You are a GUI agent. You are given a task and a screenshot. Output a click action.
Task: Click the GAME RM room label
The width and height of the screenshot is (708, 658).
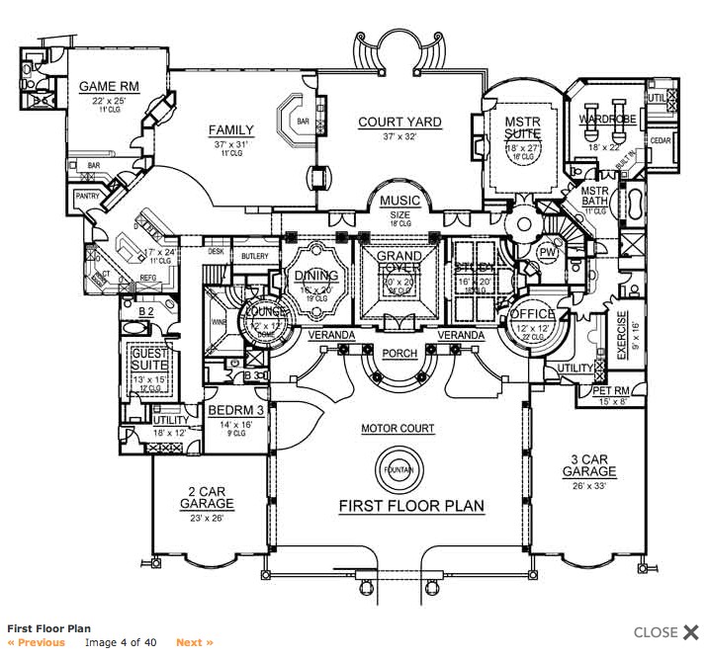pos(109,86)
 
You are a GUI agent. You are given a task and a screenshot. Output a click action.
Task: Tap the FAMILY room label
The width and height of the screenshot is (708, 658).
pos(231,130)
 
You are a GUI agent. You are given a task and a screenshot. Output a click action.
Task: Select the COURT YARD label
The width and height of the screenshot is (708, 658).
pos(399,123)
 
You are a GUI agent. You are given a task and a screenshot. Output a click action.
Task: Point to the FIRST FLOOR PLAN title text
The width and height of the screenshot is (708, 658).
pos(411,506)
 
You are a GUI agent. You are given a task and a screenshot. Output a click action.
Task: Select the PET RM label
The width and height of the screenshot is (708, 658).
pos(613,390)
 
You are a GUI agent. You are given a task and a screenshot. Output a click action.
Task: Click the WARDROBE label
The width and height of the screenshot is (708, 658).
pos(607,120)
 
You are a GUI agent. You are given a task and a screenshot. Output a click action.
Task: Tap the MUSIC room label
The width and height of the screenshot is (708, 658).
pos(399,201)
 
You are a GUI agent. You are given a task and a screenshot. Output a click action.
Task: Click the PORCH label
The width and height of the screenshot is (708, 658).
pos(398,353)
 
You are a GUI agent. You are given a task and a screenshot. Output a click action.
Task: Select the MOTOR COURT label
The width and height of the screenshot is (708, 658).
pos(398,429)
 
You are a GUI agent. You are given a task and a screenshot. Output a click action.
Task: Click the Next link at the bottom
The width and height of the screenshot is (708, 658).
pos(195,642)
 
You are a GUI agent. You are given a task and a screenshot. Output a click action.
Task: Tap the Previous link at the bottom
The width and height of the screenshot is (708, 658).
pos(37,642)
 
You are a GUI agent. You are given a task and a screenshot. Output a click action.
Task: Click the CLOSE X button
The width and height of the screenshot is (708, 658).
pos(666,632)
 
